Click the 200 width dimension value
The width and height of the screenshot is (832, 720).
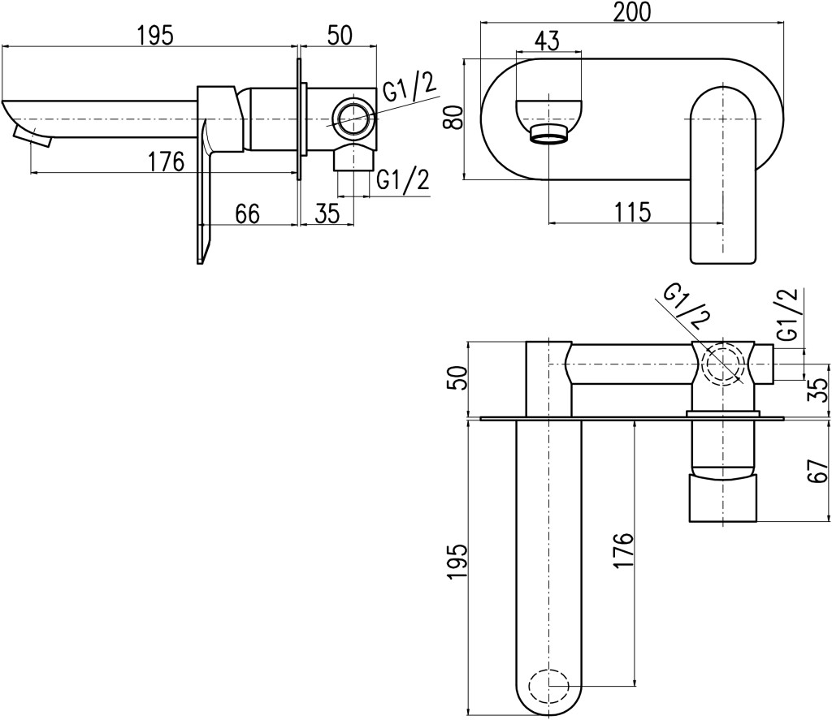[631, 11]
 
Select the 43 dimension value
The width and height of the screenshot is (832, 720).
[547, 41]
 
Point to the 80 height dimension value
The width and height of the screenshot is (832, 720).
[453, 117]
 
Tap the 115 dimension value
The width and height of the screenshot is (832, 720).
[633, 212]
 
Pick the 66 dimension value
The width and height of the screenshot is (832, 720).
[247, 214]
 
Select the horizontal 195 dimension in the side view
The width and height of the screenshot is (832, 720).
[155, 36]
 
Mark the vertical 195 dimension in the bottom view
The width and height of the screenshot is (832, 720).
[457, 562]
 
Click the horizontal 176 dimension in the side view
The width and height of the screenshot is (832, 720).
[166, 162]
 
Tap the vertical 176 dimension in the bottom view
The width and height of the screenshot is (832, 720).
[624, 551]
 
